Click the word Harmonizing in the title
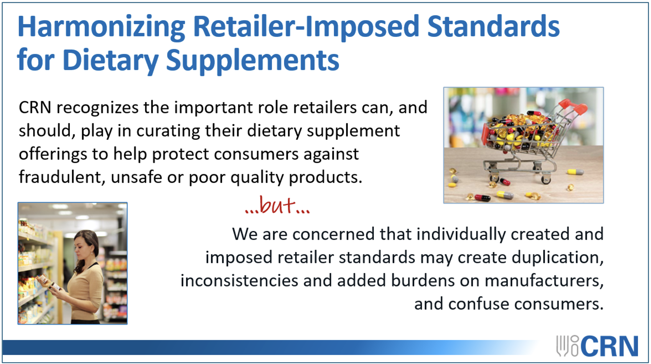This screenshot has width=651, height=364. [x=101, y=27]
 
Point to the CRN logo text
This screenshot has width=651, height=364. [x=610, y=346]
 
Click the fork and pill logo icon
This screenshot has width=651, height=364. [x=567, y=346]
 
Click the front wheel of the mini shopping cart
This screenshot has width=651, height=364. [x=494, y=178]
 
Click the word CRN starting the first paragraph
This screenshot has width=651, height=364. [x=35, y=107]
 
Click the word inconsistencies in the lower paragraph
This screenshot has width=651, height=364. [x=239, y=281]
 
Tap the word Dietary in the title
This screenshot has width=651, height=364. [x=110, y=61]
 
